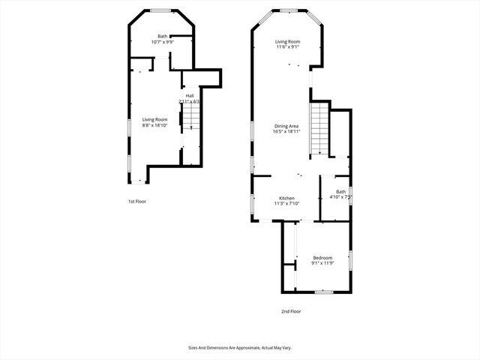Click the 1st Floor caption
click(136, 201)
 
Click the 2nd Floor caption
click(290, 310)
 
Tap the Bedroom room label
click(322, 258)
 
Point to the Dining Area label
click(287, 125)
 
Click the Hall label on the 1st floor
click(190, 96)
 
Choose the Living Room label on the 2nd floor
click(287, 42)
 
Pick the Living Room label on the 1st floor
click(155, 119)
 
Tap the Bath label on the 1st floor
click(162, 37)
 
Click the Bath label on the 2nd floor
click(341, 192)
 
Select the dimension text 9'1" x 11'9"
click(322, 263)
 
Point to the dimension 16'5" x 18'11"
click(287, 131)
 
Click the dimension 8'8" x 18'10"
click(155, 124)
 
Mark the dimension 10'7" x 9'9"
click(162, 42)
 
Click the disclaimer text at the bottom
click(239, 347)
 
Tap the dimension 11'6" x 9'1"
click(287, 47)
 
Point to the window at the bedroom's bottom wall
click(323, 291)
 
